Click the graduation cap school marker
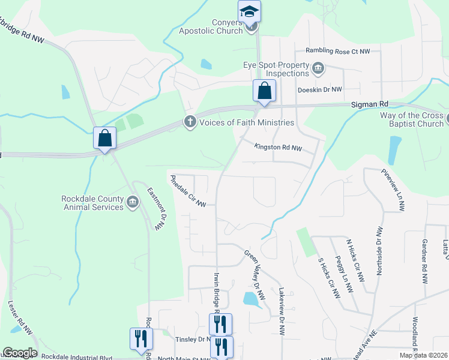250,11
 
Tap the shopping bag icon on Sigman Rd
264,91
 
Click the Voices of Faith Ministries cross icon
190,122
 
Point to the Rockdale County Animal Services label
92,203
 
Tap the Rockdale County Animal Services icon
133,203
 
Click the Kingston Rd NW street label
278,146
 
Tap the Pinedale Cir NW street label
188,191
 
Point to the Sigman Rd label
370,104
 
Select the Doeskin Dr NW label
320,89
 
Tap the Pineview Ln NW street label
393,189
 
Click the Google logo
20,353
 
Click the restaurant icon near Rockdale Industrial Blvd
141,338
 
